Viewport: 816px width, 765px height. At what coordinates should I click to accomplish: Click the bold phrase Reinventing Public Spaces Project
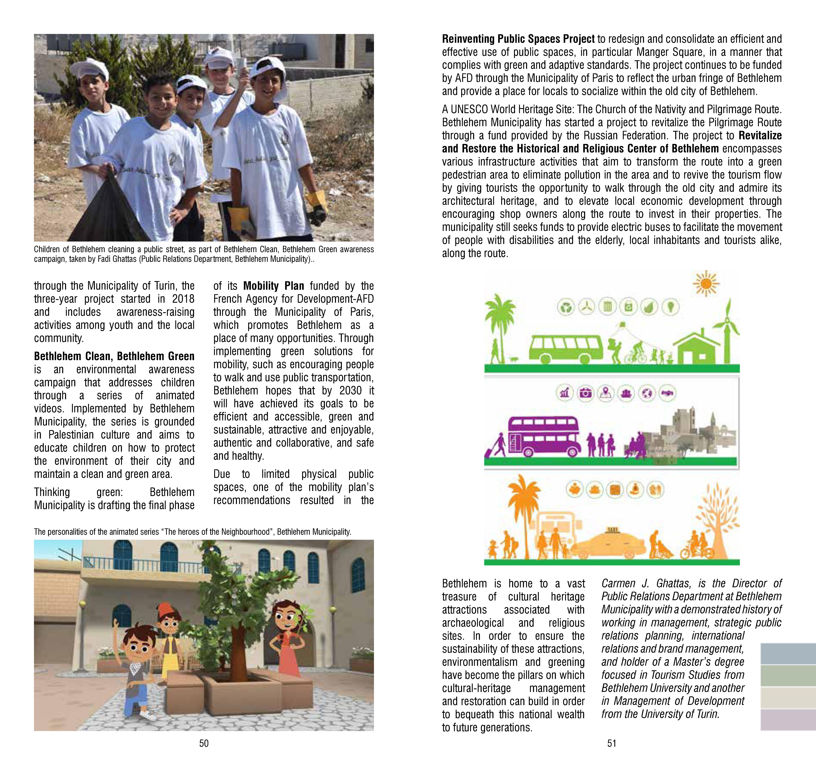(518, 39)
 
